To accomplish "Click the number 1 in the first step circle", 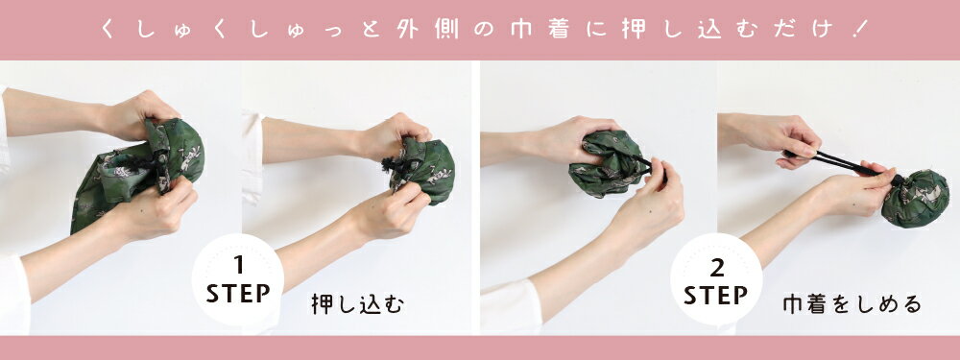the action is [x=238, y=266].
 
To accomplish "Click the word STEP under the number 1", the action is [x=238, y=293].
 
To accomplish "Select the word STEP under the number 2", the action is [x=716, y=295].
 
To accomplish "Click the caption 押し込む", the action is [x=357, y=304].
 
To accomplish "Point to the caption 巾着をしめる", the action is [x=852, y=304].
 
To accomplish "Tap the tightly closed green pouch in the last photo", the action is [x=915, y=199].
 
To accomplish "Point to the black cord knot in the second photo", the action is [x=392, y=166].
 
